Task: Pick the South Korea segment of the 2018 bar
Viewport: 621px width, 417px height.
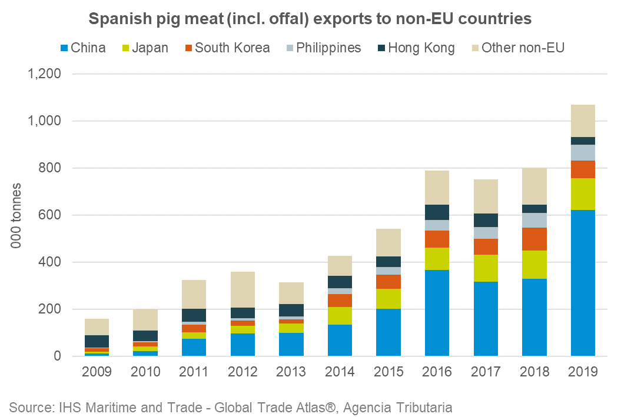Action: pos(534,239)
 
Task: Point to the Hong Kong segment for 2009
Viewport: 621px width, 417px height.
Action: pos(97,341)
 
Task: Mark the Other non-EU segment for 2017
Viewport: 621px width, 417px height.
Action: pos(486,196)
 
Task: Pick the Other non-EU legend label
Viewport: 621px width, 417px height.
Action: pos(523,48)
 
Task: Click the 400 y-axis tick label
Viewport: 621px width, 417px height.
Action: pos(51,262)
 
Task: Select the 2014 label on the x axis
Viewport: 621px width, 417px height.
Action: pos(340,372)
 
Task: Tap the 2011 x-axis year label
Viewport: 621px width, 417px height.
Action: pos(194,372)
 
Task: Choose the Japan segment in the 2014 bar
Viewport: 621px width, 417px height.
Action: pos(340,316)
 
